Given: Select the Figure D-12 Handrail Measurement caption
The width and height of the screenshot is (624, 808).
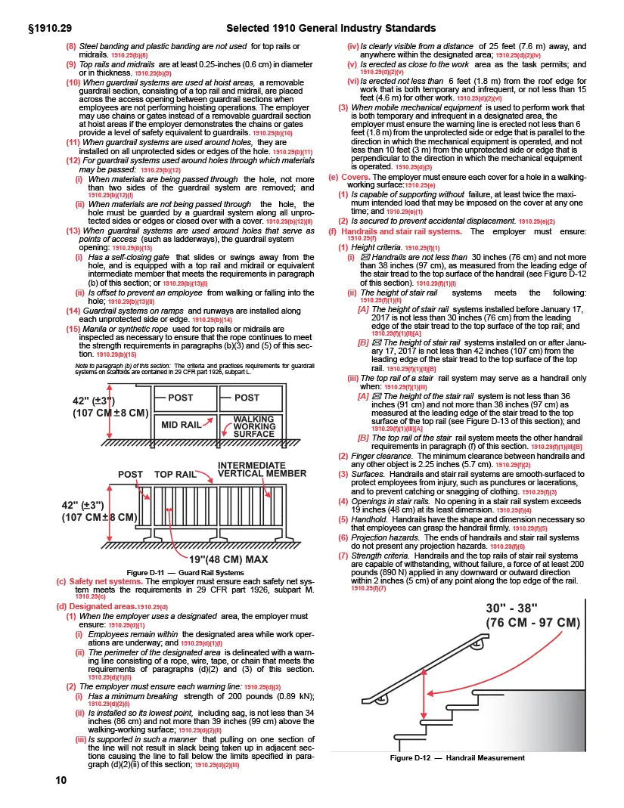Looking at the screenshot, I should click(457, 757).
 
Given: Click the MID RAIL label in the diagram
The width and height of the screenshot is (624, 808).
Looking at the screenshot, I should click(181, 425).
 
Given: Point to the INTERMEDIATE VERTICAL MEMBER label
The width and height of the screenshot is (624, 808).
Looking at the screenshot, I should click(262, 469).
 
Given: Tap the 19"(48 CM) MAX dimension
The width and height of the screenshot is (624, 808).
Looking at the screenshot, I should click(228, 559).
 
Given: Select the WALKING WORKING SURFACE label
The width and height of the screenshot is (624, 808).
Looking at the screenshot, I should click(253, 426).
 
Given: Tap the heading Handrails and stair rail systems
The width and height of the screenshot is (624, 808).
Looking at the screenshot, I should click(402, 231).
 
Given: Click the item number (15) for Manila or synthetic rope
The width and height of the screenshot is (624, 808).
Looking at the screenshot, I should click(73, 328).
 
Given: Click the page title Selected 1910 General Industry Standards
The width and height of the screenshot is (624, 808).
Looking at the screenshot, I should click(331, 28).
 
